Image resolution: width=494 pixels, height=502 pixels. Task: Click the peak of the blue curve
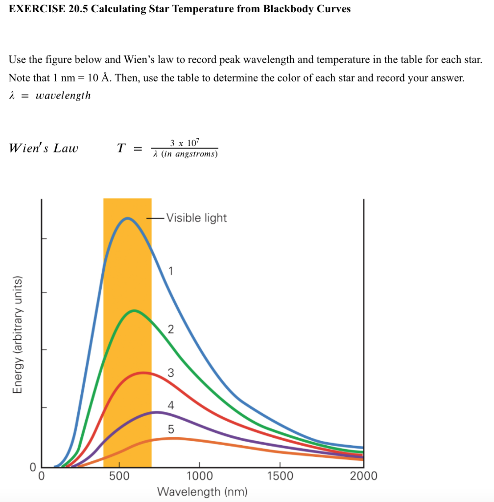[127, 218]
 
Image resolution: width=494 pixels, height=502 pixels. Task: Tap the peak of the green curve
[134, 311]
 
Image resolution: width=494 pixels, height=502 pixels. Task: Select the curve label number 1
[170, 271]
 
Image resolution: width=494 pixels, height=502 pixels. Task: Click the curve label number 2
[170, 329]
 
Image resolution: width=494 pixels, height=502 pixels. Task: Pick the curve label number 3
[170, 373]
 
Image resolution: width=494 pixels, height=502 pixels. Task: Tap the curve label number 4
[170, 405]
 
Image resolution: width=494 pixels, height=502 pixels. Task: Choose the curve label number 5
[170, 429]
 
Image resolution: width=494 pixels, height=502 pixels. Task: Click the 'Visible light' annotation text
[196, 218]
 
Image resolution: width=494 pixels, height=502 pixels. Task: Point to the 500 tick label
[119, 476]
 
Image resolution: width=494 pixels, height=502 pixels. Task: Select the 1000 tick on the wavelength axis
[200, 476]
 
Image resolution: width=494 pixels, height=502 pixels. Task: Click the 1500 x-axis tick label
[280, 476]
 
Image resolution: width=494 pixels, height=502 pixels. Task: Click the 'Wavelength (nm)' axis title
[202, 492]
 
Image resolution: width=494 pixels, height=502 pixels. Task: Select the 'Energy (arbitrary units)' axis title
[18, 335]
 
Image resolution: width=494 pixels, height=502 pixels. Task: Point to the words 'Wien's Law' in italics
[44, 148]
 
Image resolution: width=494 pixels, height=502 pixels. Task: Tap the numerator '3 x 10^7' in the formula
[185, 143]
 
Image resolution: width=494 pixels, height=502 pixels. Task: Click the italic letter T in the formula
[121, 148]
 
